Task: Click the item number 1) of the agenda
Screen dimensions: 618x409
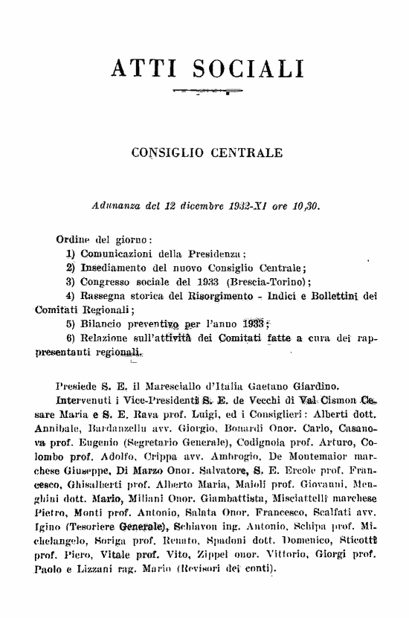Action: point(73,254)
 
